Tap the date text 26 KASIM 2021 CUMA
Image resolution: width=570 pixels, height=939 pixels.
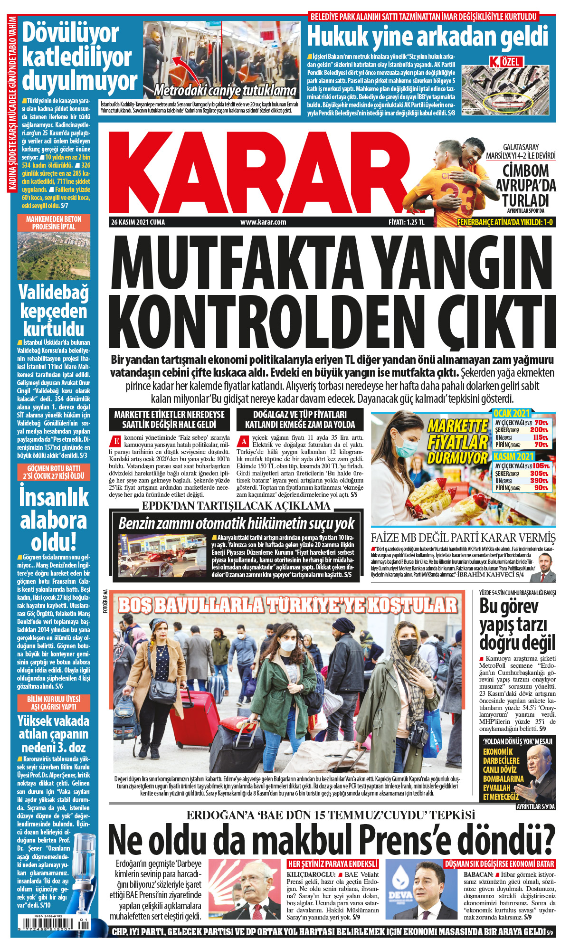(138, 222)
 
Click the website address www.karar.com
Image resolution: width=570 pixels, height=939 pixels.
(263, 222)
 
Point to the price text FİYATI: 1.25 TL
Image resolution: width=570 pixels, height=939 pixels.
(406, 222)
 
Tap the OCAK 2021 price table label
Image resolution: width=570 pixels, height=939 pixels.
(511, 413)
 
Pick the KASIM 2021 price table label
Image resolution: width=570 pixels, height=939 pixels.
(513, 457)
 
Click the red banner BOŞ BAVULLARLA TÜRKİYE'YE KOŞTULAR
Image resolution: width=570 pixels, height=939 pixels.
(287, 605)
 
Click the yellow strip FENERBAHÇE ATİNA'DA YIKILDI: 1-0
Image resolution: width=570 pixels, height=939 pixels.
(504, 222)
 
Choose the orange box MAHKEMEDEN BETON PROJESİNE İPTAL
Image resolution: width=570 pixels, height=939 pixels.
(54, 223)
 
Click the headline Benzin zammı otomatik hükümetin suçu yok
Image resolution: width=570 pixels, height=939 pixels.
(236, 524)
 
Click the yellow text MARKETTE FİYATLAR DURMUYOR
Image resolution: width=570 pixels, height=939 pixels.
(457, 442)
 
